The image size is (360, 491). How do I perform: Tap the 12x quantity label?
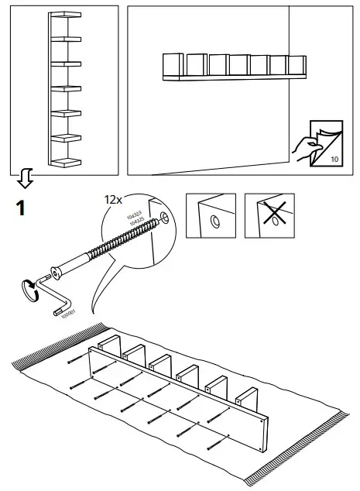[114, 199]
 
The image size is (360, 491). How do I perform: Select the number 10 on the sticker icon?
[334, 159]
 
